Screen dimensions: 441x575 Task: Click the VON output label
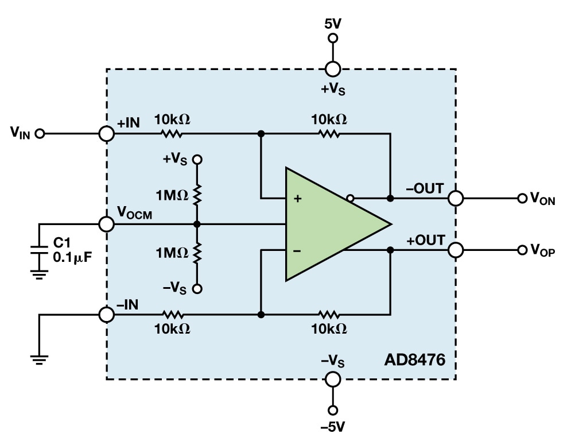point(542,199)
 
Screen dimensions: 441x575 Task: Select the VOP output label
point(542,250)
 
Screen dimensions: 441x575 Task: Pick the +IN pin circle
point(106,134)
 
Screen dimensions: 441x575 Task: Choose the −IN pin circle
point(106,315)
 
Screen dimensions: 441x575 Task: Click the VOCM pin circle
point(106,224)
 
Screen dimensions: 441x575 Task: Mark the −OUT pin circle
point(456,199)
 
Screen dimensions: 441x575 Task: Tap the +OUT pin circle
point(456,250)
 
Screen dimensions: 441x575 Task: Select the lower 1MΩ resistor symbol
point(197,253)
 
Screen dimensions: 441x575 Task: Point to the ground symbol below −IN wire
point(40,358)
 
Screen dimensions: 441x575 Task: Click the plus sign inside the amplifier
point(298,199)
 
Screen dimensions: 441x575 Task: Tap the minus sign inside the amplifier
point(298,250)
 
